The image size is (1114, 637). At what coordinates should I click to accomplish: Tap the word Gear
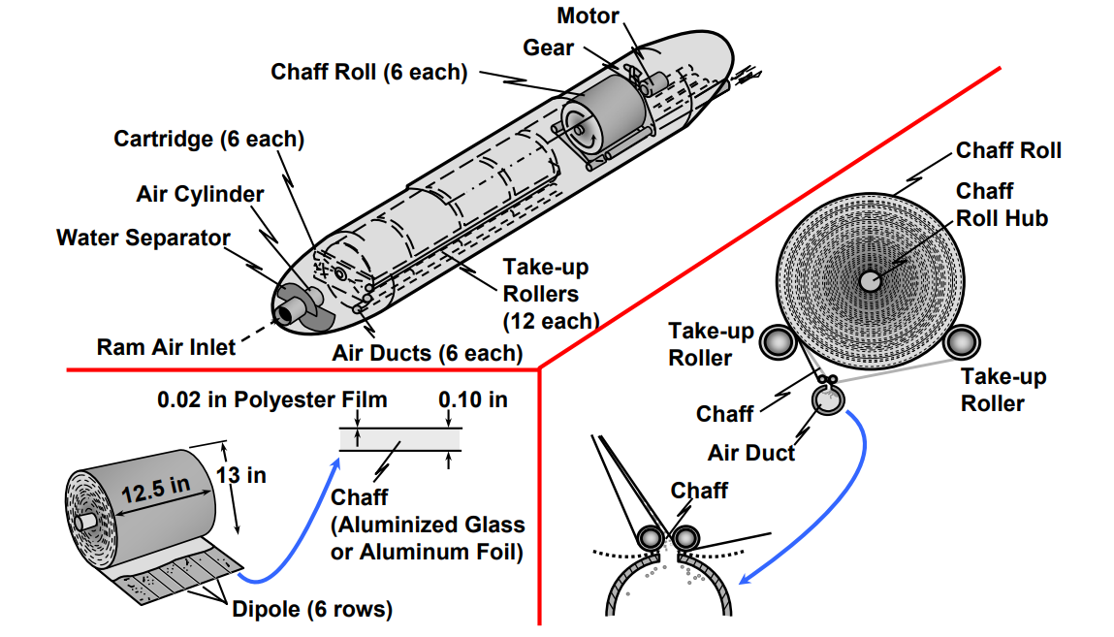coord(548,48)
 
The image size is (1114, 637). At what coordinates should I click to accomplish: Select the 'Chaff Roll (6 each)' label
coord(369,72)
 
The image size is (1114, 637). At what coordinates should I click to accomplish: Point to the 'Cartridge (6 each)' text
coord(208,140)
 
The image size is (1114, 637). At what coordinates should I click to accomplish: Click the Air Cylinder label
coord(200,194)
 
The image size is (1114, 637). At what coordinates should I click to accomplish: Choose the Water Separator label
coord(143,238)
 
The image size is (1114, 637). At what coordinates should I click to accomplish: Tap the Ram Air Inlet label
coord(166,346)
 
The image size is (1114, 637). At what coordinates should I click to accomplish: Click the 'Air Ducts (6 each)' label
coord(427,353)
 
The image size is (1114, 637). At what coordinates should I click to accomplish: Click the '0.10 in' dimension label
coord(472,399)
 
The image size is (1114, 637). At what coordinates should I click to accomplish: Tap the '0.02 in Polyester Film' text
coord(272,399)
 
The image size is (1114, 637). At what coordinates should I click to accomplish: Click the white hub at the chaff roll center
coord(870,279)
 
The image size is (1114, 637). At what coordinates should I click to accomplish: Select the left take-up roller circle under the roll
coord(776,341)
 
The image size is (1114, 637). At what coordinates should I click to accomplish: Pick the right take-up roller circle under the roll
coord(962,341)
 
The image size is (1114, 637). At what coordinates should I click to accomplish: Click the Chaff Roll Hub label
coord(1002,205)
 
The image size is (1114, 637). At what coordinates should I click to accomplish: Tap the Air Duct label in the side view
coord(751,452)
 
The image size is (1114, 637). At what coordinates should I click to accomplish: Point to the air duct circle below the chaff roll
coord(828,399)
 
